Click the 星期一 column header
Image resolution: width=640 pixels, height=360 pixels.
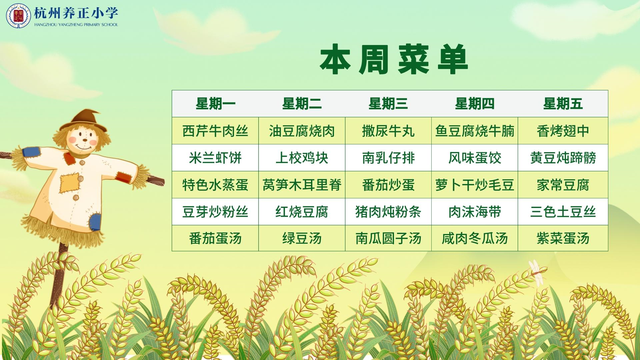(x=215, y=104)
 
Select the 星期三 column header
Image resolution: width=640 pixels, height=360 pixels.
(x=388, y=104)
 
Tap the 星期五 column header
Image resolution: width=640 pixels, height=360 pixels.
(x=563, y=104)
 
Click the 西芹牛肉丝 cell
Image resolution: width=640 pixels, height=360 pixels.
(x=215, y=131)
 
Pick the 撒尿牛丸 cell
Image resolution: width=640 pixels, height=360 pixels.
(x=388, y=131)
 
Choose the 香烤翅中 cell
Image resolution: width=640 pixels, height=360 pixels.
(x=563, y=131)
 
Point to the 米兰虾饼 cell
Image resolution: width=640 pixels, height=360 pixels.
(x=215, y=158)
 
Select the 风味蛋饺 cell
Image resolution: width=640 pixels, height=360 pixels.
(x=475, y=158)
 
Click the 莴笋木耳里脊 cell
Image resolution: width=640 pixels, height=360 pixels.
(x=302, y=185)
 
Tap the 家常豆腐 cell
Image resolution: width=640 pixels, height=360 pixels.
(x=563, y=185)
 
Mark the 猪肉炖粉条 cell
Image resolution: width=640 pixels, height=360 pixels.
(x=388, y=212)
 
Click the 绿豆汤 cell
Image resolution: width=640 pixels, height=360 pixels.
(x=302, y=238)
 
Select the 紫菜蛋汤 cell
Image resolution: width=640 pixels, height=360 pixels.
(x=563, y=238)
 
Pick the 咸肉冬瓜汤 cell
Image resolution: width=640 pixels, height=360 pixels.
(x=475, y=238)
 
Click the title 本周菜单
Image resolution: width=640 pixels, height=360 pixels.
(x=394, y=60)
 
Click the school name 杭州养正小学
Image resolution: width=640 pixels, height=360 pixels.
(x=76, y=13)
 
